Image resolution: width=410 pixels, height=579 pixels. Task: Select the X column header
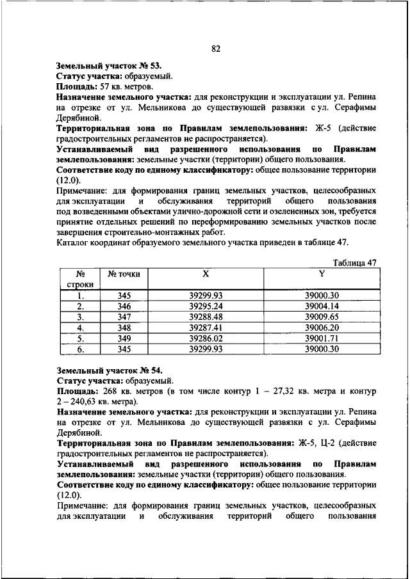(206, 274)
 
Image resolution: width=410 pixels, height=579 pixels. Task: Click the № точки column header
(124, 274)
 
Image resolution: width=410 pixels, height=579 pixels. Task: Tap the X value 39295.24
(206, 306)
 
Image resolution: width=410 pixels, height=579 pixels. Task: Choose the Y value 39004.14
(322, 306)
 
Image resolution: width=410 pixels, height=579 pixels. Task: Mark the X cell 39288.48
(206, 316)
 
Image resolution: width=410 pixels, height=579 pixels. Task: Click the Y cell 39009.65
(322, 316)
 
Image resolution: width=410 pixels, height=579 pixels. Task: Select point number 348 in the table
(124, 327)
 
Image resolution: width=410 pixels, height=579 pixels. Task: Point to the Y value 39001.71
(322, 338)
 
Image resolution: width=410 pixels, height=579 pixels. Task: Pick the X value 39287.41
(206, 327)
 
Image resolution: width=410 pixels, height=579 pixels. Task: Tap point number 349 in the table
(124, 338)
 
